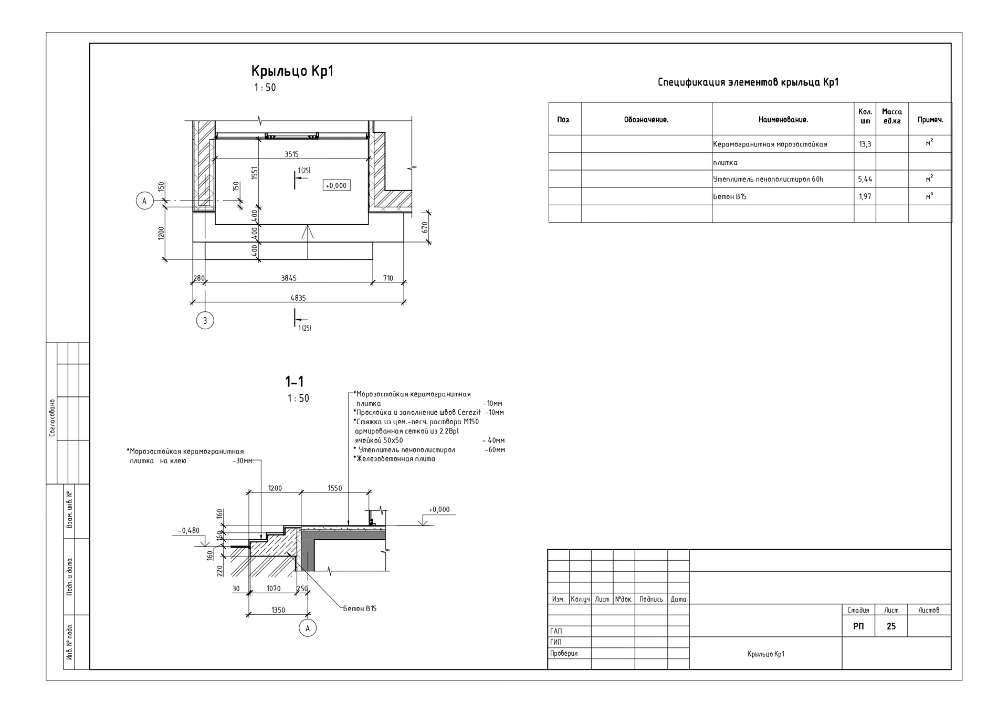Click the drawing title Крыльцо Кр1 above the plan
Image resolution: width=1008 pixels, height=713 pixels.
[x=292, y=71]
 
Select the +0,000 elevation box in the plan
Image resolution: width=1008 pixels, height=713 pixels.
[x=336, y=185]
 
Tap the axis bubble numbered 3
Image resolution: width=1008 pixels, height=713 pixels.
[x=205, y=320]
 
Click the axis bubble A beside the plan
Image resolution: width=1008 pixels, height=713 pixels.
[x=144, y=201]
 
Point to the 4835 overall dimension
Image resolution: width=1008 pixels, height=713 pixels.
[x=298, y=298]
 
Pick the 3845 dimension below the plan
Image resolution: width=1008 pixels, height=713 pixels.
[x=288, y=278]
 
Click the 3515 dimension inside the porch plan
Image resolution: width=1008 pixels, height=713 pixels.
[x=291, y=154]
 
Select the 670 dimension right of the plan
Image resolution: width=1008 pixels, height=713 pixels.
[x=425, y=227]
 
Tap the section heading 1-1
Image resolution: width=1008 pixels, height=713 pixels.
[x=294, y=381]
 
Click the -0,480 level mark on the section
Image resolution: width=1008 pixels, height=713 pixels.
[x=189, y=530]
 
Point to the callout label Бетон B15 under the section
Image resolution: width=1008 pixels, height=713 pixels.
[x=360, y=609]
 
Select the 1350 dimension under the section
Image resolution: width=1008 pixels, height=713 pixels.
[x=278, y=610]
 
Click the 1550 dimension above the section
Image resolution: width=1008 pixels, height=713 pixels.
[x=334, y=488]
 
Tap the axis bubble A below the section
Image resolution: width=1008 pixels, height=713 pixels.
[x=308, y=628]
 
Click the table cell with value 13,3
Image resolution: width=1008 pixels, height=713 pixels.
[x=865, y=144]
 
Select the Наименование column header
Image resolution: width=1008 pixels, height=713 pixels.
[x=783, y=120]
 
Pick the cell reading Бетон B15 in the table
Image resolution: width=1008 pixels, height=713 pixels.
[x=730, y=196]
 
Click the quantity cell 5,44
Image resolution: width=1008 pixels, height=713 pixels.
[x=865, y=179]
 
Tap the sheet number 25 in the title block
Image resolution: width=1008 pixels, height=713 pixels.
[x=891, y=626]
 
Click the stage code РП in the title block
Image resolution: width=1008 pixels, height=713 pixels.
[x=858, y=626]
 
